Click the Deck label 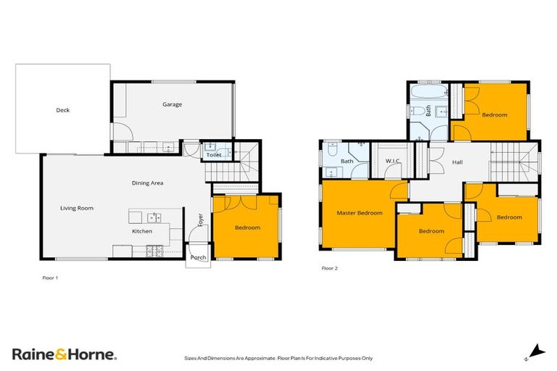click(x=63, y=110)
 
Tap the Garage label click(x=172, y=104)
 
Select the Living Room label click(x=77, y=208)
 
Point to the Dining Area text click(x=147, y=183)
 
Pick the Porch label click(x=198, y=257)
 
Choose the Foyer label click(x=200, y=220)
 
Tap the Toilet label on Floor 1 click(x=213, y=154)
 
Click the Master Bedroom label click(x=359, y=213)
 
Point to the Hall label click(x=457, y=162)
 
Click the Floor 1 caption click(x=51, y=278)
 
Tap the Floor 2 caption click(x=329, y=268)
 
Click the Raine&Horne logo click(x=64, y=354)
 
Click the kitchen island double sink click(x=154, y=217)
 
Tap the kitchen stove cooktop click(x=153, y=251)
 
